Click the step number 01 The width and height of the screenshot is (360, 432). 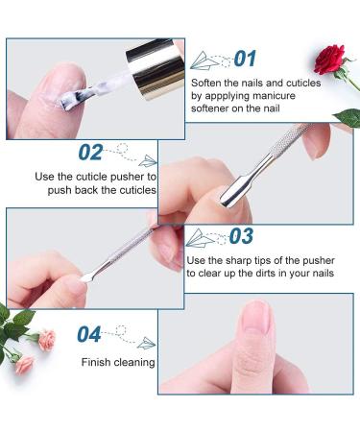[245, 59]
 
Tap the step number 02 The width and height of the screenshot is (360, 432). [90, 152]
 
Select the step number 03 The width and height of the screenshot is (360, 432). [241, 236]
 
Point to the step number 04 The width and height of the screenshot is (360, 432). [89, 334]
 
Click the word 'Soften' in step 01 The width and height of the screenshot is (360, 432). [208, 84]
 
